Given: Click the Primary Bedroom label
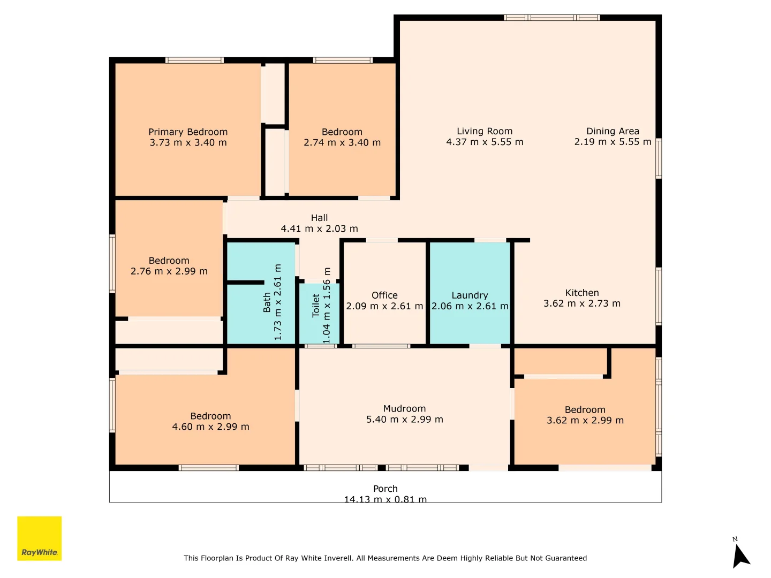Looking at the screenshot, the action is pyautogui.click(x=188, y=132).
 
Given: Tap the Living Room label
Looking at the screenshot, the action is pyautogui.click(x=485, y=131).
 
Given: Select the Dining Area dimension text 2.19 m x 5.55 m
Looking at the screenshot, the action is pyautogui.click(x=613, y=142).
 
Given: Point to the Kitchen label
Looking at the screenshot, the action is pyautogui.click(x=582, y=293).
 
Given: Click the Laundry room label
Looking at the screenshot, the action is pyautogui.click(x=470, y=295).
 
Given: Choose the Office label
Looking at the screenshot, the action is pyautogui.click(x=384, y=295).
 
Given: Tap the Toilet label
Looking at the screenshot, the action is pyautogui.click(x=316, y=306).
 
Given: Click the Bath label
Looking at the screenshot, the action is pyautogui.click(x=267, y=302).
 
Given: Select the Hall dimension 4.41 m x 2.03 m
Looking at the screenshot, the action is pyautogui.click(x=319, y=229).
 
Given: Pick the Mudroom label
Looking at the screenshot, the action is pyautogui.click(x=404, y=408).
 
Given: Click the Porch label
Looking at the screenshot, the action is pyautogui.click(x=385, y=489).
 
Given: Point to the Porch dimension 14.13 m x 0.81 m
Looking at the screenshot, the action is pyautogui.click(x=385, y=499).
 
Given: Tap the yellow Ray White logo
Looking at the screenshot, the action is pyautogui.click(x=39, y=538).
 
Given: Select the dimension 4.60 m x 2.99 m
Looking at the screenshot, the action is pyautogui.click(x=210, y=427).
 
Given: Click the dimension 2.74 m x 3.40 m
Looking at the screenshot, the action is pyautogui.click(x=342, y=142).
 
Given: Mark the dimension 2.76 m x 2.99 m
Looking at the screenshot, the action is pyautogui.click(x=169, y=271).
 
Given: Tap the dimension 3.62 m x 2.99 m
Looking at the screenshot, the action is pyautogui.click(x=585, y=421).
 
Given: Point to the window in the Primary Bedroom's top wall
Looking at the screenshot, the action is pyautogui.click(x=194, y=60).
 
